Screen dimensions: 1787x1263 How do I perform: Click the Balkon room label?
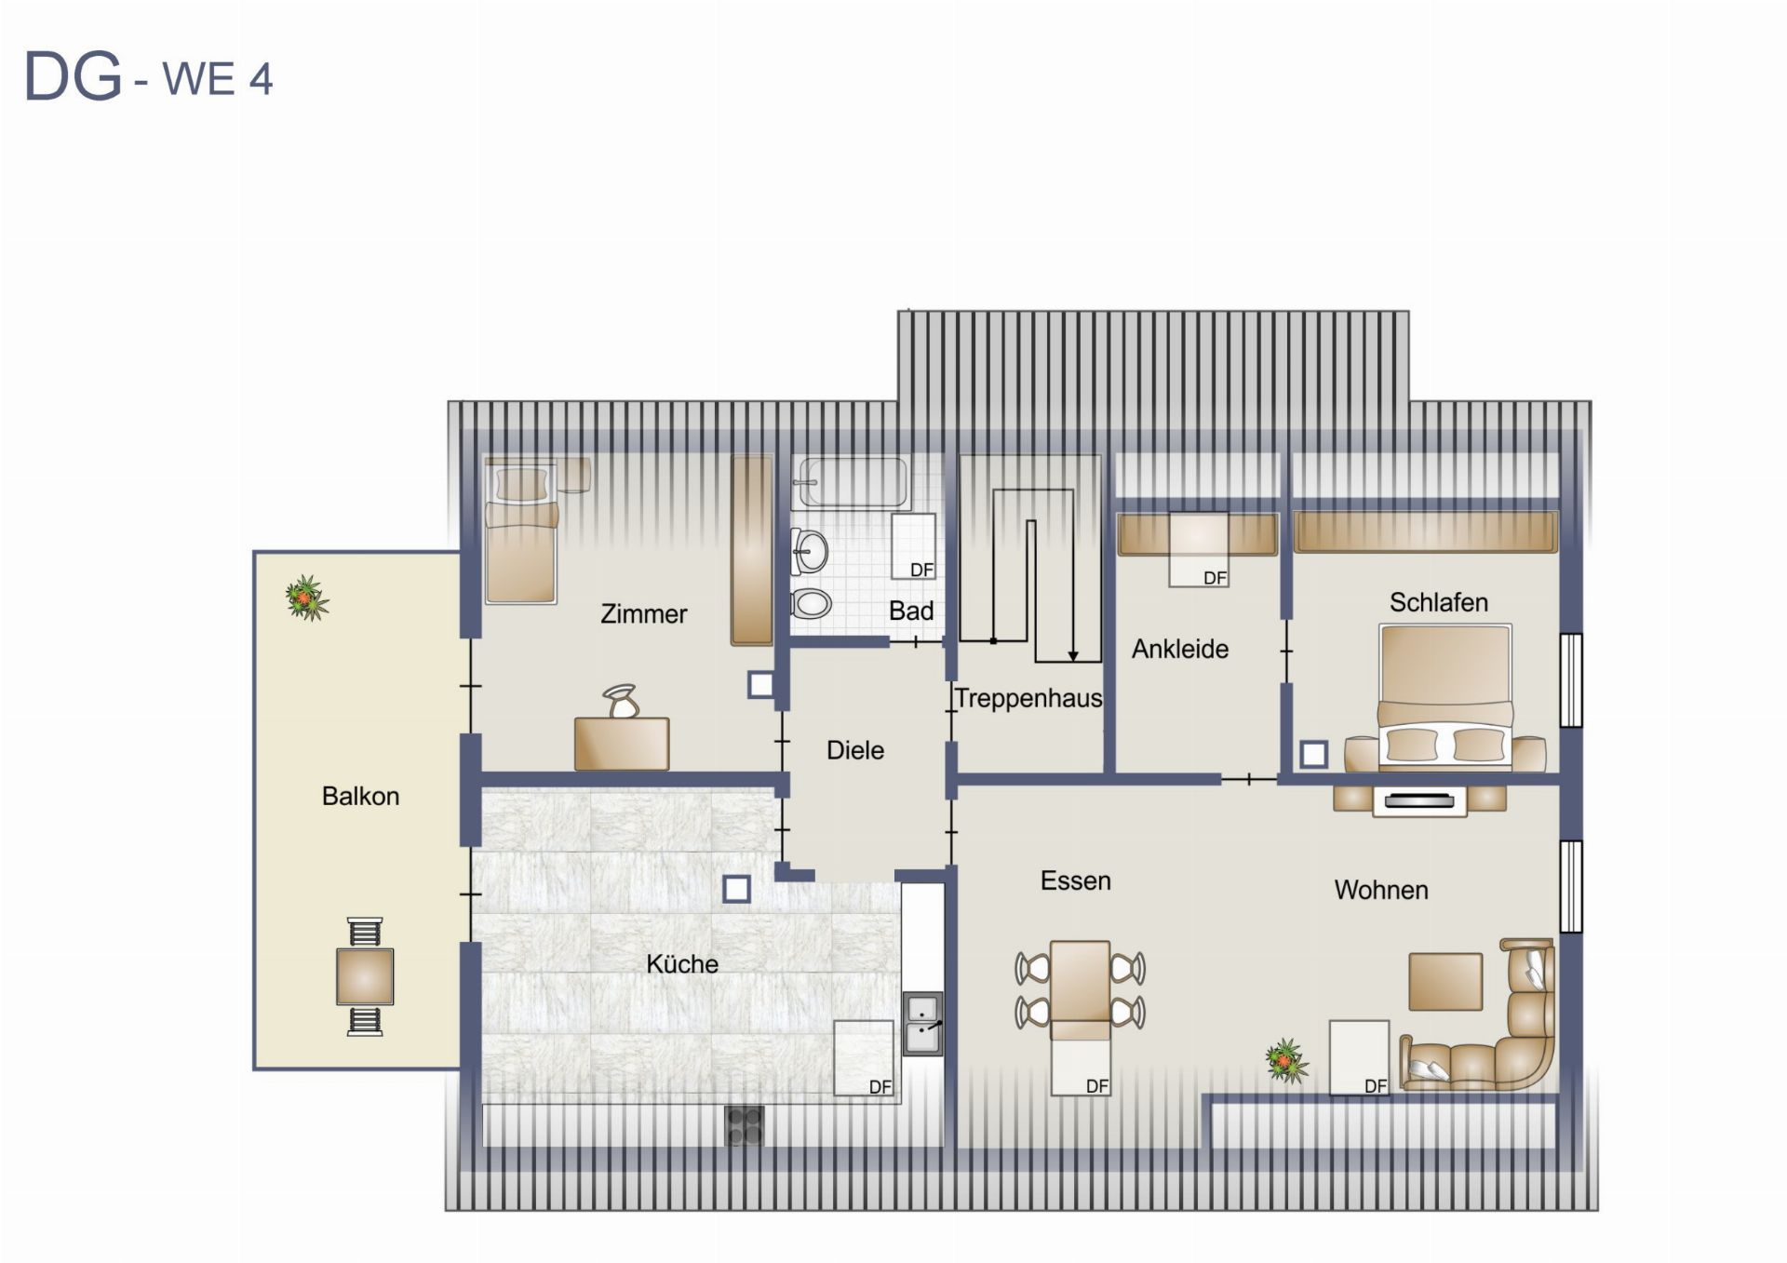[360, 796]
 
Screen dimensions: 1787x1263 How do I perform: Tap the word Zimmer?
[643, 613]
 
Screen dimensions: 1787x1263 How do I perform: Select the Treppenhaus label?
[1028, 698]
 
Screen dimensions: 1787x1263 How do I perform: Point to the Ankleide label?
[1180, 649]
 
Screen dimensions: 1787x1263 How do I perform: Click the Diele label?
[855, 750]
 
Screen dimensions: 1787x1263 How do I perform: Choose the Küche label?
[682, 963]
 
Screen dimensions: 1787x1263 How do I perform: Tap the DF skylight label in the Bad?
[921, 570]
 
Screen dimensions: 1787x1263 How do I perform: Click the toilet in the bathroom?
[811, 603]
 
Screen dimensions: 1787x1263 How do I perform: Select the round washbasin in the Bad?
[809, 552]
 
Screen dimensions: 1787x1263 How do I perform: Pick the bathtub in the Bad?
[850, 482]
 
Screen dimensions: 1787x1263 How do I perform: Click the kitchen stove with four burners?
[744, 1126]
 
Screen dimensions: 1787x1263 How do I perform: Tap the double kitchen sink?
[922, 1024]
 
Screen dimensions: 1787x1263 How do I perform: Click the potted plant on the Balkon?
[307, 598]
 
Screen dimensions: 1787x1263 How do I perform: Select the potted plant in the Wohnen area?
[1286, 1061]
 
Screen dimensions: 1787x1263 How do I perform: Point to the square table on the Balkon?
[365, 976]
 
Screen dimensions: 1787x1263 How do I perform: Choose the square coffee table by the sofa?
[1445, 982]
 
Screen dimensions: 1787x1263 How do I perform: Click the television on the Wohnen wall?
[1419, 800]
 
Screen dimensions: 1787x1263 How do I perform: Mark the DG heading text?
[73, 76]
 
